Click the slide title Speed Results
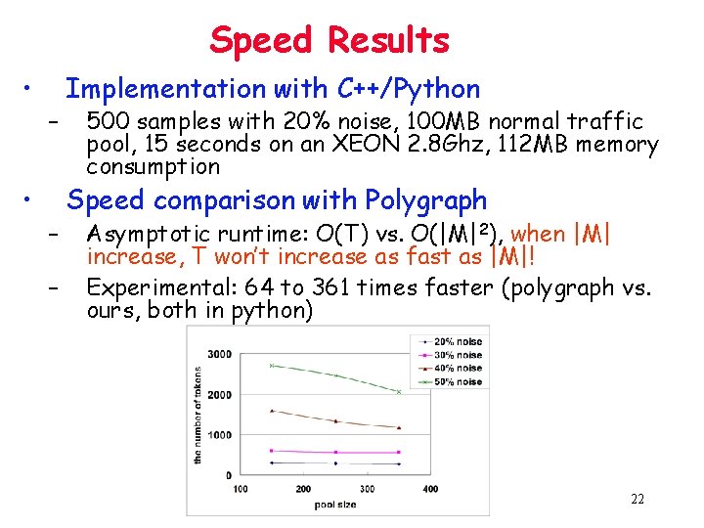pyautogui.click(x=330, y=40)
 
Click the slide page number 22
pyautogui.click(x=638, y=500)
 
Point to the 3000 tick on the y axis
pyautogui.click(x=220, y=354)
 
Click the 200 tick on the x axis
pyautogui.click(x=303, y=489)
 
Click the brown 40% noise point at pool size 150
pyautogui.click(x=272, y=411)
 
